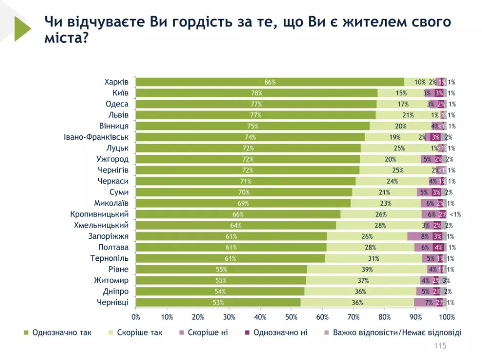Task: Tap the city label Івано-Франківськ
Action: click(x=96, y=137)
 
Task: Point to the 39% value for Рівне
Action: click(x=367, y=270)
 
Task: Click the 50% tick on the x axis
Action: click(x=291, y=317)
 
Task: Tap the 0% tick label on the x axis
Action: click(x=136, y=317)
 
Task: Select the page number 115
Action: click(x=440, y=346)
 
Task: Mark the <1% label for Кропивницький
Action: click(x=455, y=214)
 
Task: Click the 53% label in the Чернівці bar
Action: click(x=218, y=303)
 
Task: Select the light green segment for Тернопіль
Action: click(x=373, y=258)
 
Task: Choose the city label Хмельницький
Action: click(x=101, y=225)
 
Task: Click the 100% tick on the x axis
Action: click(x=446, y=317)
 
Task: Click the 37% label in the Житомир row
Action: click(x=363, y=281)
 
